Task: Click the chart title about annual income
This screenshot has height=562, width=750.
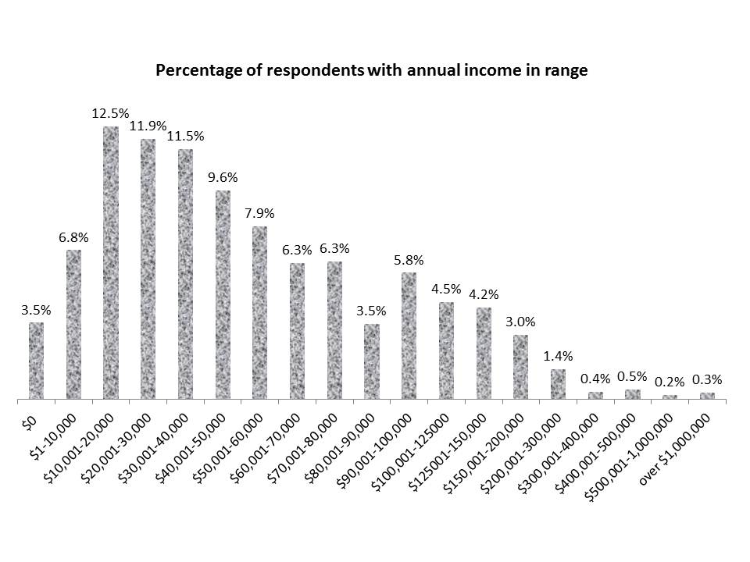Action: pyautogui.click(x=371, y=71)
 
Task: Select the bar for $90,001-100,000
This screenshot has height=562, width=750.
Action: pyautogui.click(x=409, y=336)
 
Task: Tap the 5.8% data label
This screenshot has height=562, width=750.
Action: pyautogui.click(x=409, y=259)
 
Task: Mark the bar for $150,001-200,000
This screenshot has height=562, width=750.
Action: pyautogui.click(x=520, y=368)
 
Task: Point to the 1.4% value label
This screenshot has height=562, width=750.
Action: pyautogui.click(x=558, y=356)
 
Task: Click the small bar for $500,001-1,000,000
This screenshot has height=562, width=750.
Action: pyautogui.click(x=670, y=397)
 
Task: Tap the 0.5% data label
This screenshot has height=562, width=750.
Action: pyautogui.click(x=633, y=376)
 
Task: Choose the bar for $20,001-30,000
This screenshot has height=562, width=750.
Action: pyautogui.click(x=148, y=269)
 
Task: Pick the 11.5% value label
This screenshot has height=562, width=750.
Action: pyautogui.click(x=186, y=136)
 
